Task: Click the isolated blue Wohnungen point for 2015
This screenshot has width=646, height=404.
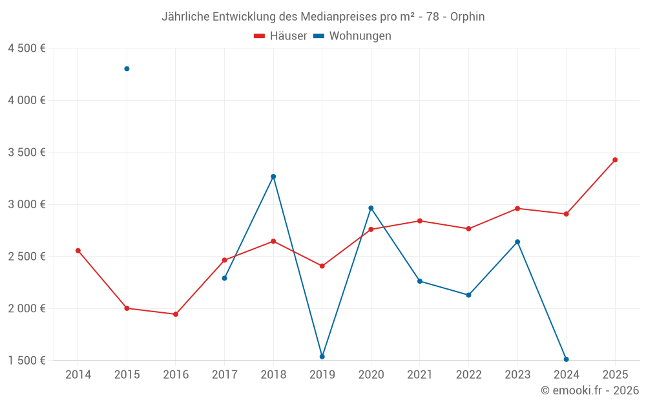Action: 127,69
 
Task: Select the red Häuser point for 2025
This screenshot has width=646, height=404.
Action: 615,160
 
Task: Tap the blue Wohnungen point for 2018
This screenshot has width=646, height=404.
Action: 273,176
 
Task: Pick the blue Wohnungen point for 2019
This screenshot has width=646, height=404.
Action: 322,357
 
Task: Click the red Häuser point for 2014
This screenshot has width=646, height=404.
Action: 78,251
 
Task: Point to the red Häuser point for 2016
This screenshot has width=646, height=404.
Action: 176,314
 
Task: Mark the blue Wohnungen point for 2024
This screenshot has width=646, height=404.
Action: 566,359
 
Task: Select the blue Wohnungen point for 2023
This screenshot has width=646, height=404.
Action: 517,242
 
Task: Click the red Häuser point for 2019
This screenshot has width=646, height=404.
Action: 322,266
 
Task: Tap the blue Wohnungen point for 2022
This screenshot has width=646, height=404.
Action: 468,295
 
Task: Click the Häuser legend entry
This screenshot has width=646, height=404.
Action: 280,36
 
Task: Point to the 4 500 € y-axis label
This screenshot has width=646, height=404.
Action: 26,48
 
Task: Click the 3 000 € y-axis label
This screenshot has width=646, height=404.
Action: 26,204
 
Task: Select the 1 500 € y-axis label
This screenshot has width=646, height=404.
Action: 26,360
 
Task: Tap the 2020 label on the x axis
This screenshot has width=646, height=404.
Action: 371,375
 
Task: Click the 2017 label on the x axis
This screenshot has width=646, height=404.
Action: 224,375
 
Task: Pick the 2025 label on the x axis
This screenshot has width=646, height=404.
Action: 615,375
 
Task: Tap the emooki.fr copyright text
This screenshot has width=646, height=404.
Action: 590,390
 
